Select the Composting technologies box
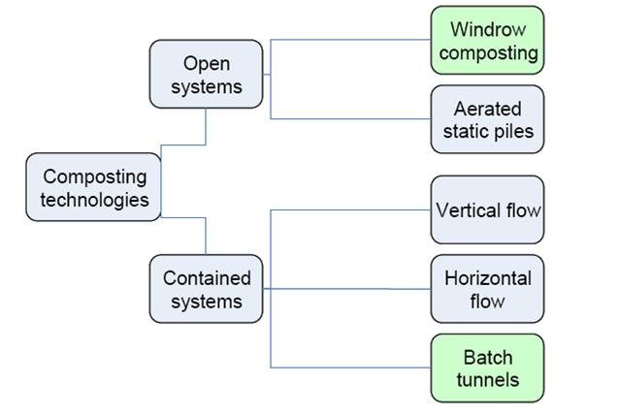point(95,188)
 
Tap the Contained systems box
point(206,289)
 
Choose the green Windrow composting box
point(487,40)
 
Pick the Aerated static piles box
point(487,118)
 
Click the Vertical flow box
point(487,209)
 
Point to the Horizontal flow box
point(487,289)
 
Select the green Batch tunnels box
point(487,368)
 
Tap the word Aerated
point(488,107)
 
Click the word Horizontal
point(488,277)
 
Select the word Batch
point(488,356)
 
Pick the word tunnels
point(488,379)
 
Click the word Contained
point(207,277)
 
